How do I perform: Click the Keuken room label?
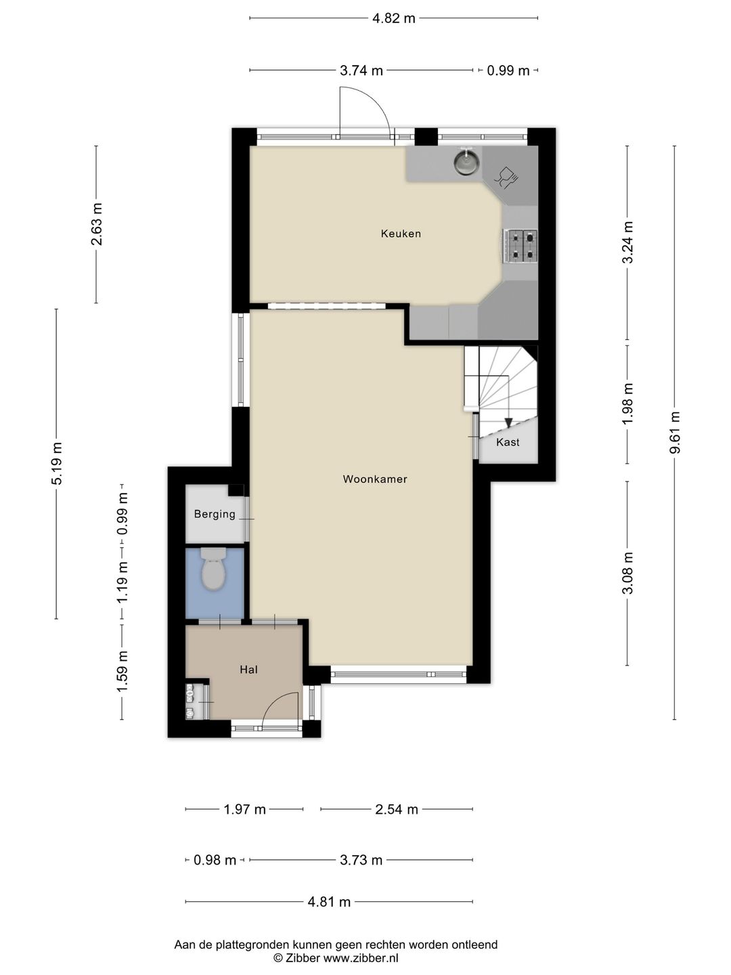pyautogui.click(x=400, y=234)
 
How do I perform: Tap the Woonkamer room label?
pyautogui.click(x=374, y=479)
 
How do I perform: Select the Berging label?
pyautogui.click(x=215, y=514)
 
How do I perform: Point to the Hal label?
pyautogui.click(x=248, y=670)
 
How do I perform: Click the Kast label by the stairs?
pyautogui.click(x=508, y=442)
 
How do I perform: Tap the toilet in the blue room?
pyautogui.click(x=214, y=569)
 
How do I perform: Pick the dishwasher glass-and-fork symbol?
pyautogui.click(x=506, y=178)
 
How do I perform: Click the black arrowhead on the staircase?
pyautogui.click(x=508, y=422)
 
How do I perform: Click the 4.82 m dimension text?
pyautogui.click(x=394, y=18)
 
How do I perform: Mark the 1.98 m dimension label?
pyautogui.click(x=627, y=404)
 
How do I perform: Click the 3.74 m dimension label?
pyautogui.click(x=361, y=70)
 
